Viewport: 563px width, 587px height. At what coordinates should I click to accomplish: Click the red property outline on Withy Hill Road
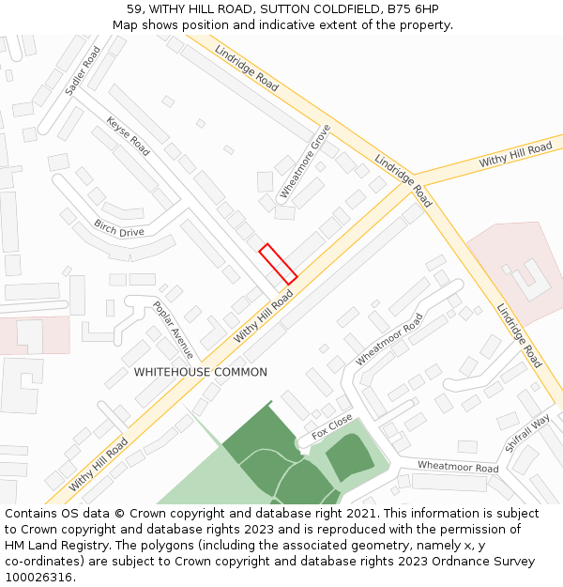(278, 264)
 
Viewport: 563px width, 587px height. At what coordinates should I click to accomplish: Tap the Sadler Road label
(83, 71)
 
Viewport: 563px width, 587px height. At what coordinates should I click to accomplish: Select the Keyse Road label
(128, 136)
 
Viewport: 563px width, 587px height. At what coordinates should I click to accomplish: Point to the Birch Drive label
(119, 228)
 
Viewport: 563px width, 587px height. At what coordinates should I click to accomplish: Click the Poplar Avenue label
(173, 331)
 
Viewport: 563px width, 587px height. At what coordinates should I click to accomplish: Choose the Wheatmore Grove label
(306, 162)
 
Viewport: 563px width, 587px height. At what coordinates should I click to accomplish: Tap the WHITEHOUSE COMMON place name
(200, 372)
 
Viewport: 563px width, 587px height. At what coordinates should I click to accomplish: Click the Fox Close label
(332, 426)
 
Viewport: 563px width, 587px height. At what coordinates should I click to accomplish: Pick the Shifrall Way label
(526, 433)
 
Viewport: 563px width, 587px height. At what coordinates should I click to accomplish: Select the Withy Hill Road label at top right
(515, 155)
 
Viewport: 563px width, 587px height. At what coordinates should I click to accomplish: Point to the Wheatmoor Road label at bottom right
(458, 467)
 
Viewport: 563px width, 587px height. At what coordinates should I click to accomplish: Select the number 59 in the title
(134, 9)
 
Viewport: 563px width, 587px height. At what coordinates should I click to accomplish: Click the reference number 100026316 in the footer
(38, 577)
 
